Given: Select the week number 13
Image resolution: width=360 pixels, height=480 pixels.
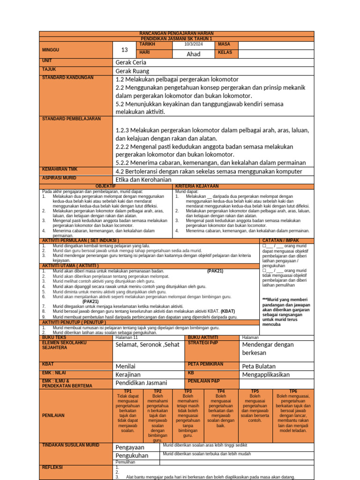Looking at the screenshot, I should [x=124, y=50].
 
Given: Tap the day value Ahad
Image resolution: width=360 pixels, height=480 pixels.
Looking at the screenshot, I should [x=193, y=54].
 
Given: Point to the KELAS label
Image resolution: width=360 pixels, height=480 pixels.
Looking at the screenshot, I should [x=225, y=52].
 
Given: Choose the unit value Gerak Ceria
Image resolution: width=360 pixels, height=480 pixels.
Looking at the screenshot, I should [x=131, y=62].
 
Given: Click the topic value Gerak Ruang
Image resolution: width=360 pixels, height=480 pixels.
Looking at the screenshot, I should [x=132, y=71].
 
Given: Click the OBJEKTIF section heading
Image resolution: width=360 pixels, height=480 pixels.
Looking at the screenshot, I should [x=106, y=186].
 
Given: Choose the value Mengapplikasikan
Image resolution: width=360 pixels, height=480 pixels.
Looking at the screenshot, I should [x=266, y=375].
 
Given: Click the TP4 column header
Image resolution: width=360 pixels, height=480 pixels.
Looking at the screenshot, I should [x=221, y=391].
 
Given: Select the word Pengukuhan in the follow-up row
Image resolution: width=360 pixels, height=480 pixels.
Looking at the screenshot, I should [x=132, y=455].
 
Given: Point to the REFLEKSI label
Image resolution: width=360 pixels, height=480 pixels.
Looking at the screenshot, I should [x=52, y=467].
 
